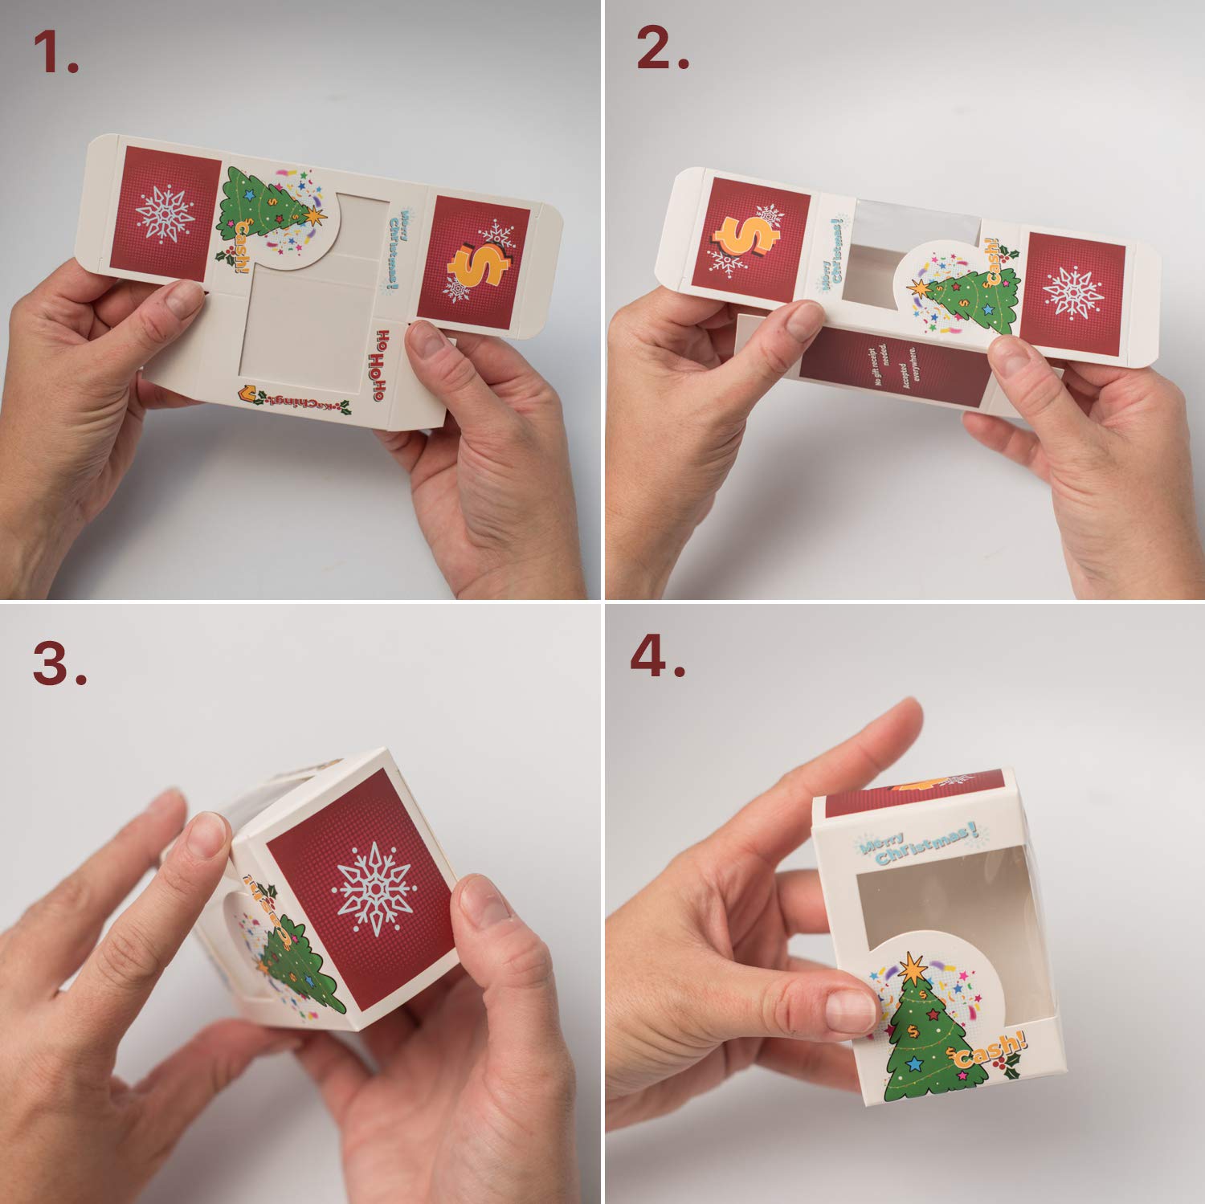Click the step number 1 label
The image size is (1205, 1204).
pos(56,55)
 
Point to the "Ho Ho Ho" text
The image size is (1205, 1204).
pos(384,365)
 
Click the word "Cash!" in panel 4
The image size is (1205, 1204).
pos(989,1052)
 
